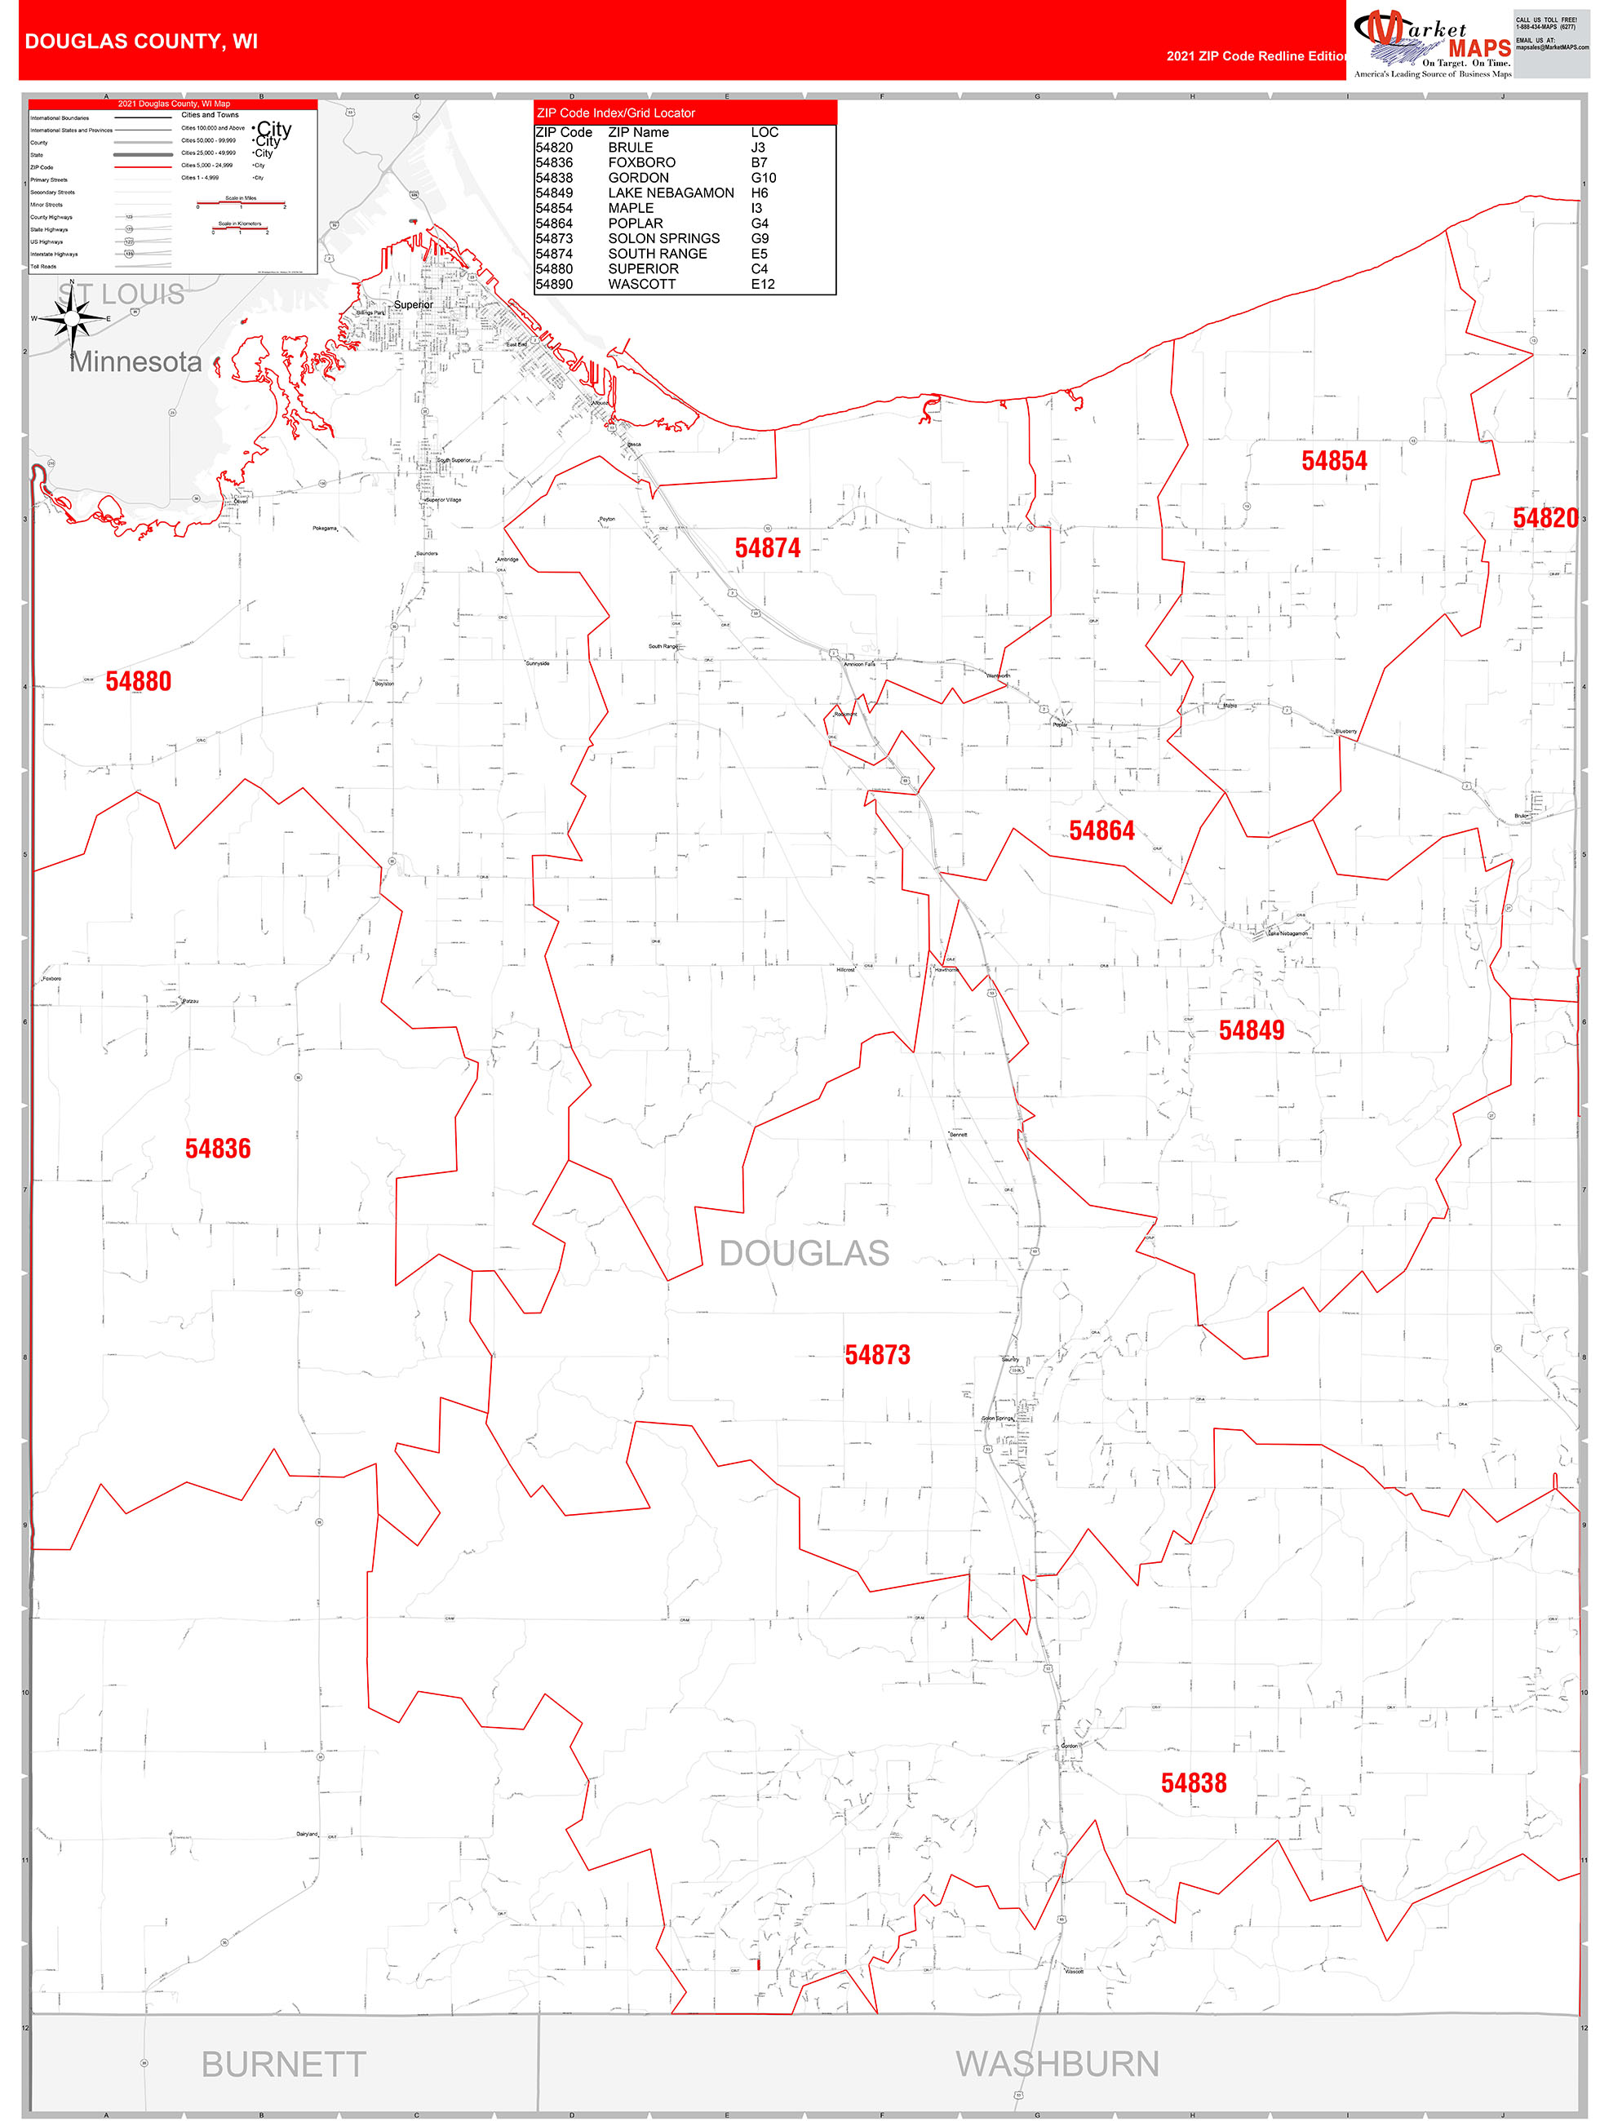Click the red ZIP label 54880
(x=138, y=682)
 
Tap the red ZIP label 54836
(x=218, y=1149)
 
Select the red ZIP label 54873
(x=877, y=1355)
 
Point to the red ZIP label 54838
(x=1194, y=1783)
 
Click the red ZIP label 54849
(x=1251, y=1031)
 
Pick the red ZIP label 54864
(x=1101, y=831)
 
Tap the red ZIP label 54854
(x=1333, y=461)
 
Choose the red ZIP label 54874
(x=768, y=548)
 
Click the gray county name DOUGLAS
(x=804, y=1253)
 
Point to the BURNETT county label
(x=283, y=2065)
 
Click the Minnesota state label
(x=135, y=362)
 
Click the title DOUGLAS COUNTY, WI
(x=141, y=42)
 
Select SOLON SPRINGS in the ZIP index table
(x=664, y=239)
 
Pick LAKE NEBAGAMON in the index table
(x=671, y=193)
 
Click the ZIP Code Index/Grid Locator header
(x=616, y=113)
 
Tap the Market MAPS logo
(x=1432, y=43)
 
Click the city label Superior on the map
(x=414, y=305)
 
